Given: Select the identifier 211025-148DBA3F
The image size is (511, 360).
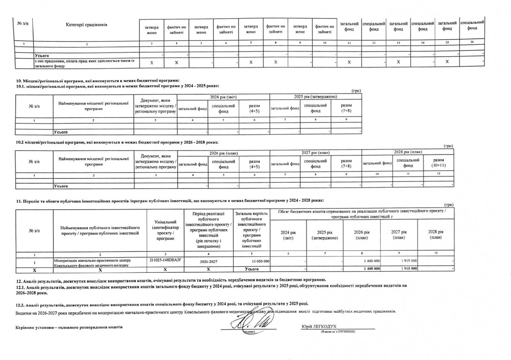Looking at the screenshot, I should [x=164, y=260].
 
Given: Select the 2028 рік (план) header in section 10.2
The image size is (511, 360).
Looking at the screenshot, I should [x=407, y=152].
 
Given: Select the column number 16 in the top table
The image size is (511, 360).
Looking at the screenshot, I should [x=471, y=42].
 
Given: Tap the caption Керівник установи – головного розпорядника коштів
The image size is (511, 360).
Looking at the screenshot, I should [x=69, y=327].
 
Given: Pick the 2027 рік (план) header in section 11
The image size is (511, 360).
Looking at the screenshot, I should [x=399, y=235].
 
